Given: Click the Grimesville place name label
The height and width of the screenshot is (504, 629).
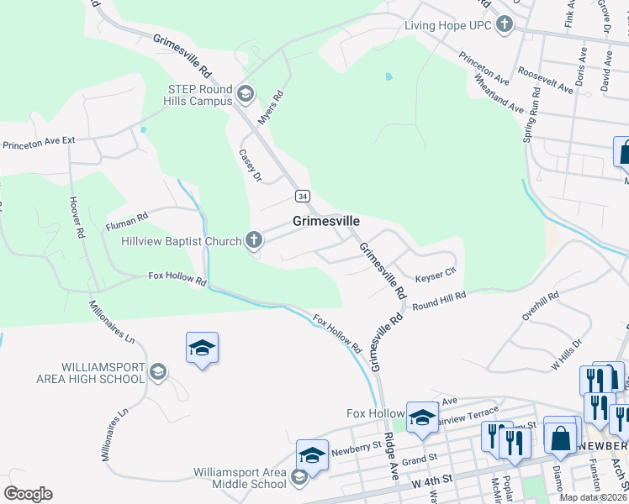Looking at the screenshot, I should (x=326, y=221).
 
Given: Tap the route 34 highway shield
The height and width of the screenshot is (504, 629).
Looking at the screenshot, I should (x=302, y=196).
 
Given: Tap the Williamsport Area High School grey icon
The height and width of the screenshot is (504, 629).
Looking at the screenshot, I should (x=156, y=371).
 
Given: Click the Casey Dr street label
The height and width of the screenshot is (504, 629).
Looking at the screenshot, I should (x=251, y=165).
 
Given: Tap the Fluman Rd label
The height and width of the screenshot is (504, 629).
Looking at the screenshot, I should (x=127, y=221).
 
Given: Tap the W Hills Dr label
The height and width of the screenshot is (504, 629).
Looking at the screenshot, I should (x=566, y=357).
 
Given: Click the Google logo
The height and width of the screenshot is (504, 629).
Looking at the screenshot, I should (x=28, y=494).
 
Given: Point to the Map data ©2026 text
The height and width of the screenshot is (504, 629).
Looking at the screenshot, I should (x=592, y=497).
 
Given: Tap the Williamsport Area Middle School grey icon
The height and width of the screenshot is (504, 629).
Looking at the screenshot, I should (x=299, y=478).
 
